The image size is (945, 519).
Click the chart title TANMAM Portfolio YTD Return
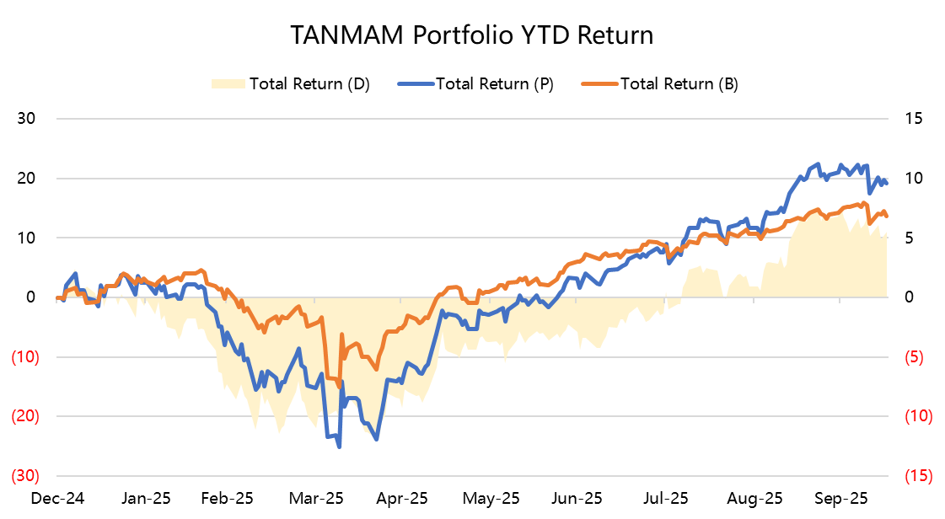pos(472,35)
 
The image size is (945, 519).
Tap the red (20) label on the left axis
pos(25,416)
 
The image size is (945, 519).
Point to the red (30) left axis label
pos(25,476)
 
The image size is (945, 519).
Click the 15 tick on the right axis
pos(914,118)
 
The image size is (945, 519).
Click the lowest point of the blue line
pos(339,446)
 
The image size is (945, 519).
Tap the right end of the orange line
pos(887,217)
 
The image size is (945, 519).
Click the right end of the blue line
pos(887,183)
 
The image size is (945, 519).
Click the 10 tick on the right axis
pos(914,178)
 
